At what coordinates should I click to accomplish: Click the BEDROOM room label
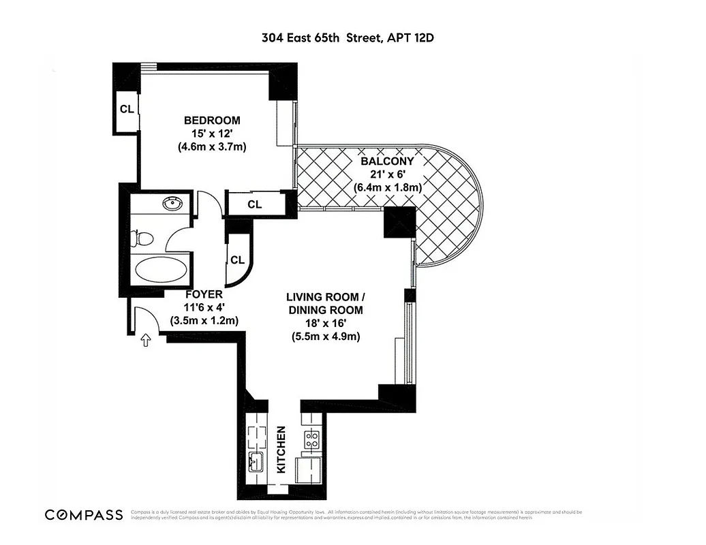(x=211, y=121)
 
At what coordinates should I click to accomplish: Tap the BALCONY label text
(x=387, y=161)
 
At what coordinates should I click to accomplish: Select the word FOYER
(x=204, y=294)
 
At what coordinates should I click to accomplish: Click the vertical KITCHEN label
(x=281, y=450)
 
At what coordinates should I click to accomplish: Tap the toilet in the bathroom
(x=144, y=239)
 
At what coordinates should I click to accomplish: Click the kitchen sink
(x=257, y=463)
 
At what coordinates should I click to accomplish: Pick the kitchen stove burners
(x=312, y=439)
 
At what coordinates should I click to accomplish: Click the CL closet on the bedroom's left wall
(x=127, y=109)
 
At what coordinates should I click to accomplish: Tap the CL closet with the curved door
(x=237, y=260)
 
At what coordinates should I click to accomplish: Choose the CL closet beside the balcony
(x=254, y=204)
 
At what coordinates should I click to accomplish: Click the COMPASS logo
(x=83, y=514)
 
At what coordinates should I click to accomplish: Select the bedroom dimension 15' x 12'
(x=211, y=134)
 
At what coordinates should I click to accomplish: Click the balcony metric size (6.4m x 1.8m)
(x=387, y=187)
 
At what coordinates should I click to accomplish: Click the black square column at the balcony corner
(x=399, y=222)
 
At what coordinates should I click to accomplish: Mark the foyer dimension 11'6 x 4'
(x=204, y=307)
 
